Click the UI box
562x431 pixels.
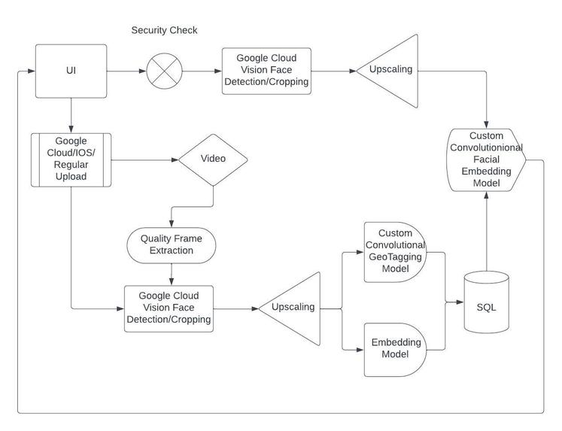point(71,71)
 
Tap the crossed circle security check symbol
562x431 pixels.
point(165,72)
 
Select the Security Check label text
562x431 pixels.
point(164,30)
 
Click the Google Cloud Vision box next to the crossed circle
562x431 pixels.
point(266,71)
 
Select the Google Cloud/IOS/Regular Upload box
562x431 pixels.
point(71,159)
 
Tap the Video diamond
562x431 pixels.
point(213,159)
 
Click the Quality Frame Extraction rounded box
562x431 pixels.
point(172,245)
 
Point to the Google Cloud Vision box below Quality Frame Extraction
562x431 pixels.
point(169,308)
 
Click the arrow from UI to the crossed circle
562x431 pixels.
point(126,72)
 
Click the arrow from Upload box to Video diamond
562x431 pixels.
point(145,159)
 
